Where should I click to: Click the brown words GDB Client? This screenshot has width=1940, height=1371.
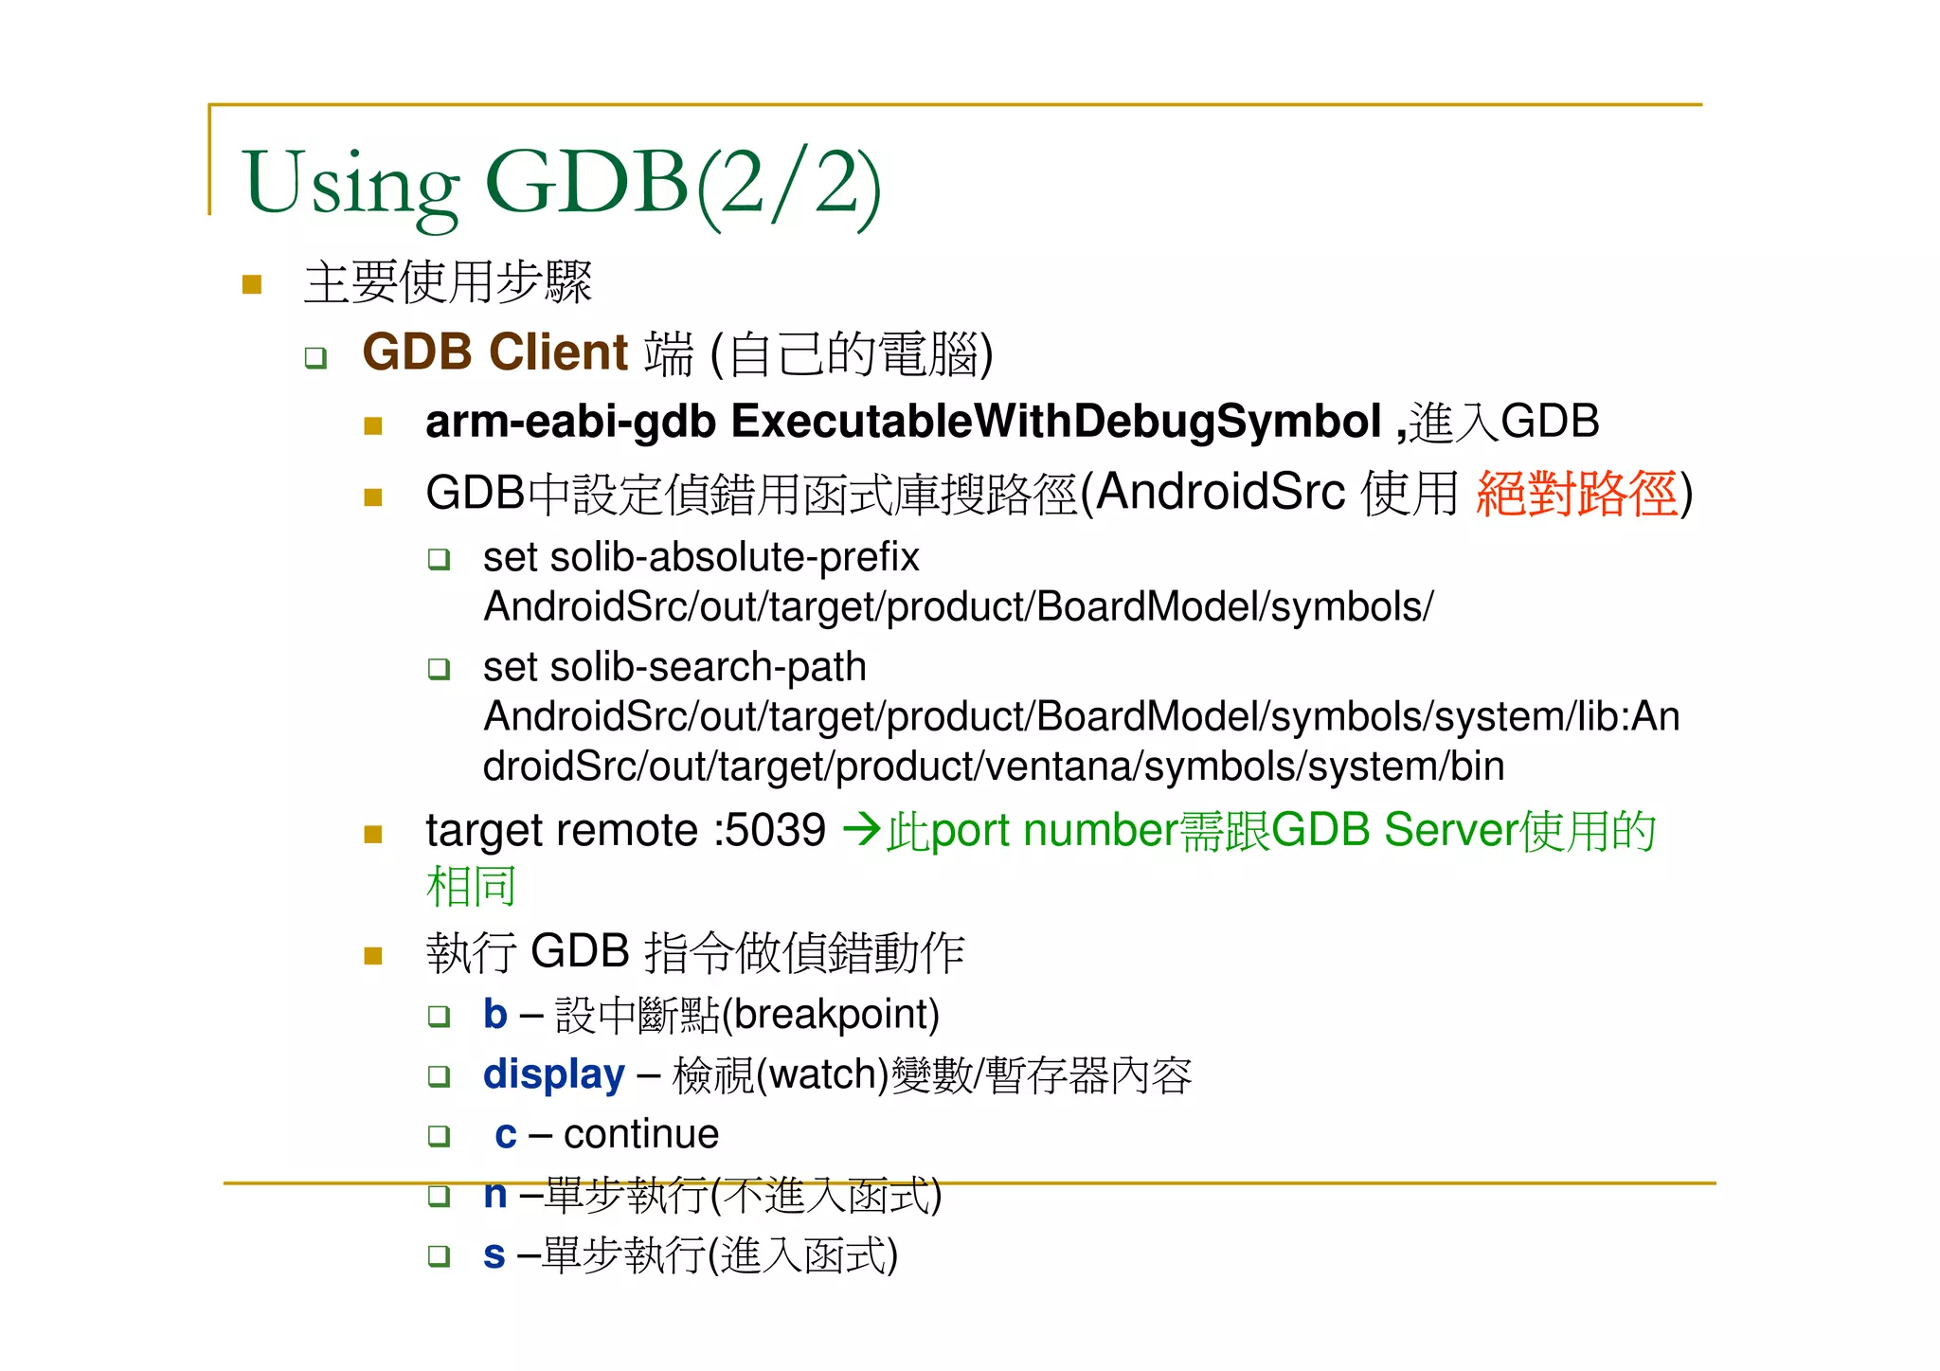click(x=494, y=352)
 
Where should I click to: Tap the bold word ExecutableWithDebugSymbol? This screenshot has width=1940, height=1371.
click(x=1055, y=422)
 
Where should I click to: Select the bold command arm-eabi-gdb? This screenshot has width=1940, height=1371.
click(x=570, y=423)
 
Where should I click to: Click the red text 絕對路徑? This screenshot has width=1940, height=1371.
click(x=1576, y=495)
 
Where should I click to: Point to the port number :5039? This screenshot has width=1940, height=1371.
click(x=770, y=831)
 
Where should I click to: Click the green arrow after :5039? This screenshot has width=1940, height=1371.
click(x=861, y=830)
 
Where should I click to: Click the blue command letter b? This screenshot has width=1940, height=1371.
click(x=494, y=1015)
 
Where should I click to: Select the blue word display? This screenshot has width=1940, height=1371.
click(x=553, y=1075)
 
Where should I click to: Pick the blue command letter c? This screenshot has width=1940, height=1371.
click(x=506, y=1135)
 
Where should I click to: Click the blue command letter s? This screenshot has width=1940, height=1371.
click(x=494, y=1255)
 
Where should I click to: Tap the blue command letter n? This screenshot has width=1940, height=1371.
click(x=494, y=1195)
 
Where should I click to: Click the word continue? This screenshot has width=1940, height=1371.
click(x=641, y=1135)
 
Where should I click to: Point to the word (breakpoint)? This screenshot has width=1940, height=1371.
click(x=831, y=1015)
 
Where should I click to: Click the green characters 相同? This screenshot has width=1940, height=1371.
click(x=471, y=887)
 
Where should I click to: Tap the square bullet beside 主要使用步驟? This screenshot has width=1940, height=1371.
click(x=252, y=284)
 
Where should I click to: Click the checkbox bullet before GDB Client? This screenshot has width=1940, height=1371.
click(x=315, y=358)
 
